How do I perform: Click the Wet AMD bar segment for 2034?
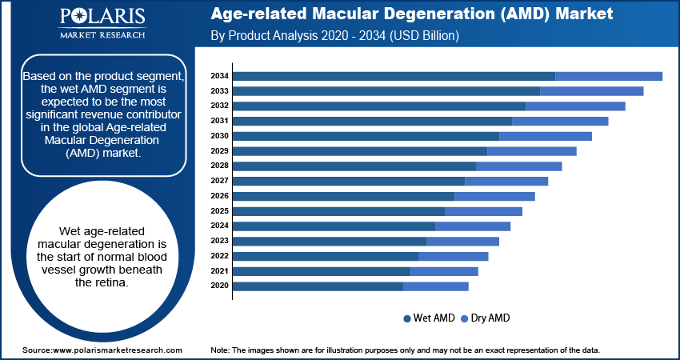point(394,76)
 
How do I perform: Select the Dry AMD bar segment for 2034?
point(609,76)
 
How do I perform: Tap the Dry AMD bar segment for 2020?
point(436,286)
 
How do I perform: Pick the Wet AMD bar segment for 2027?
point(349,182)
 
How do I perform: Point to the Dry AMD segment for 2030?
point(546,136)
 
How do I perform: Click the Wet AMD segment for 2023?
point(330,241)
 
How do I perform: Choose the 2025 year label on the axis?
point(219,211)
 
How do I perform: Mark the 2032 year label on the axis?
point(219,106)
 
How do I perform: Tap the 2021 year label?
point(219,271)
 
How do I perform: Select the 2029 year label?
point(219,151)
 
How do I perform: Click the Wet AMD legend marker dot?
point(407,318)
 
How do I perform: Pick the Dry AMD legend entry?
point(485,318)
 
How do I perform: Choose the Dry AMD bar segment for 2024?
point(473,226)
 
